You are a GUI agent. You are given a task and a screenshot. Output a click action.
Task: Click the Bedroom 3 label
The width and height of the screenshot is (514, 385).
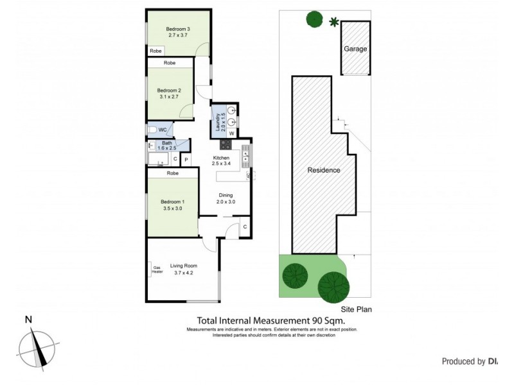click(178, 29)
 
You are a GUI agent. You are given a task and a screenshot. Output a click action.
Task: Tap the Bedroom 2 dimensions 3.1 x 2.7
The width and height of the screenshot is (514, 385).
click(170, 98)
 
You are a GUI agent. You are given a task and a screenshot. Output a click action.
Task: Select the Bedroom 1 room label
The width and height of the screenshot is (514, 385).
click(172, 201)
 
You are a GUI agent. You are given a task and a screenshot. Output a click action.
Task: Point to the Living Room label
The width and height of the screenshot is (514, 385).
click(183, 266)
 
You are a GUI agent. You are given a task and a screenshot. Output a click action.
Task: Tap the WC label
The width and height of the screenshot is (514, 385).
click(163, 130)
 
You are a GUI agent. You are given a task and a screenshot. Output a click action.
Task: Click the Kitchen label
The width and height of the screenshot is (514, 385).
click(221, 158)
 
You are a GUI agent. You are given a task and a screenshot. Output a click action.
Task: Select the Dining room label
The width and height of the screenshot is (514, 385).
click(225, 195)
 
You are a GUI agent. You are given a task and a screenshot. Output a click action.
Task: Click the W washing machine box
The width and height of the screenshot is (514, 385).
click(231, 133)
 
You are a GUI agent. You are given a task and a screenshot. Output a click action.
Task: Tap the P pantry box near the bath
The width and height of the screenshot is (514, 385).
click(186, 158)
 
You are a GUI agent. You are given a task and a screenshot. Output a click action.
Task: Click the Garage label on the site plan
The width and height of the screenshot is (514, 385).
click(355, 49)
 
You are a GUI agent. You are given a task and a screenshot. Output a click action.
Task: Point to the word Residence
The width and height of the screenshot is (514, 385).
click(323, 171)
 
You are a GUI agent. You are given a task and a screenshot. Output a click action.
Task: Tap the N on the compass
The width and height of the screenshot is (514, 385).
click(28, 320)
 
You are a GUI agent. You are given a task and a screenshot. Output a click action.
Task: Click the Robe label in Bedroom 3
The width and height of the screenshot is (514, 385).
click(155, 51)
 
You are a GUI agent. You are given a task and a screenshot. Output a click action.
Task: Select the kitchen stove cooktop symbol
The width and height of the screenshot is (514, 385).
click(226, 143)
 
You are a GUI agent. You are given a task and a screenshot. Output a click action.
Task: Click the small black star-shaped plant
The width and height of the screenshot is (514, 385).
click(333, 23)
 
